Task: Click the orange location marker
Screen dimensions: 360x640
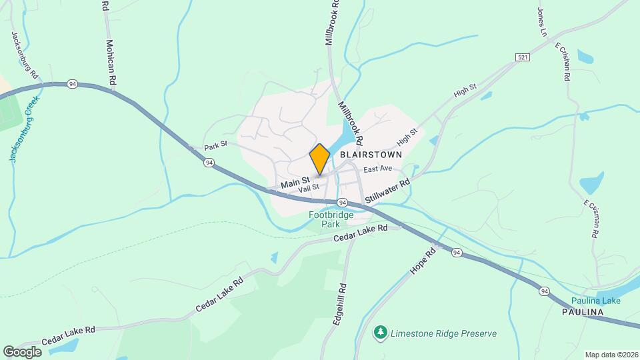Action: tap(320, 159)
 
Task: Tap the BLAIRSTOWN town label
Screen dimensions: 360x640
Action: tap(371, 154)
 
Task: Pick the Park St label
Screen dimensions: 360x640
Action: tap(215, 145)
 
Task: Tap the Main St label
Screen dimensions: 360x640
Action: tap(295, 181)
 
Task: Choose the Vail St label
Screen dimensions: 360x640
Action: tap(309, 189)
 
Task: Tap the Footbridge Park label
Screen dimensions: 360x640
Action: tap(325, 219)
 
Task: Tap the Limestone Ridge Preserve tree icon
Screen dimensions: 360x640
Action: tap(381, 331)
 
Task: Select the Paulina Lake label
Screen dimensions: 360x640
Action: tap(596, 301)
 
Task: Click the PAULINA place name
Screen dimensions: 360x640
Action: tap(582, 312)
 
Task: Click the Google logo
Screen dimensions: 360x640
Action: tap(22, 351)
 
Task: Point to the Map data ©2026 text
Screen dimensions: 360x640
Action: tap(611, 354)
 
